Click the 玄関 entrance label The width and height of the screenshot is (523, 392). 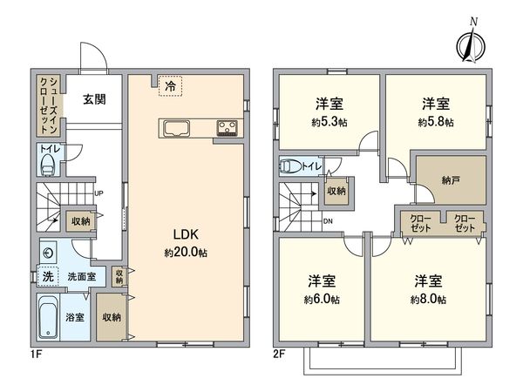[95, 99]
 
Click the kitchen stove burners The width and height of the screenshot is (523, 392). [229, 129]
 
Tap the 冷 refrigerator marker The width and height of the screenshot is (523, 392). [171, 86]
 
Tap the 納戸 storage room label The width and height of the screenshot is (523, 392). [451, 181]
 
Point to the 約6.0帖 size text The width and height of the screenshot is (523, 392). [321, 299]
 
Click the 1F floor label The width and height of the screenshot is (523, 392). [35, 355]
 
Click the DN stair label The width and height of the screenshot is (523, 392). [327, 220]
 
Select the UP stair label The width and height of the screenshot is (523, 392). [100, 193]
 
